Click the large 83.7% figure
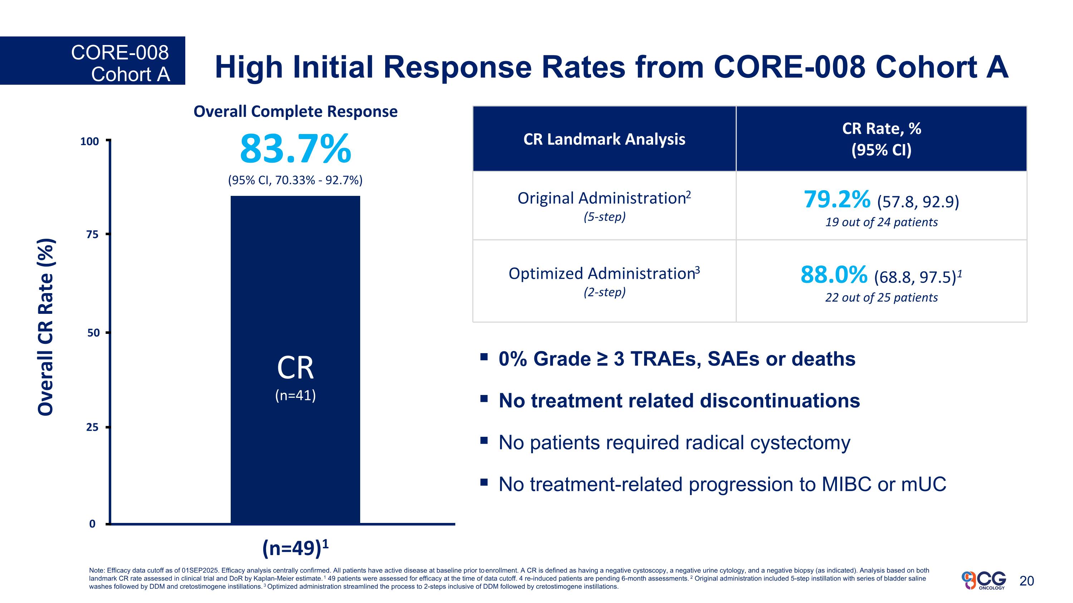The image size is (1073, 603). tap(295, 149)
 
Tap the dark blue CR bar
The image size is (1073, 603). tap(295, 291)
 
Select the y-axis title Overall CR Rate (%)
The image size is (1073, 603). tap(46, 327)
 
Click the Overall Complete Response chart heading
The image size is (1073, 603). tap(295, 112)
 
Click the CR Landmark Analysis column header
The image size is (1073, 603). tap(604, 139)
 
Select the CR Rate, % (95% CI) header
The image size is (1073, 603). tap(881, 139)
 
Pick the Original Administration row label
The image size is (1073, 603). tap(604, 198)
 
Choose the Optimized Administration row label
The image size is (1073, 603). tap(604, 274)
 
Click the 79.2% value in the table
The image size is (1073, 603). tap(837, 200)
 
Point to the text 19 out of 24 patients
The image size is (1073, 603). tap(881, 222)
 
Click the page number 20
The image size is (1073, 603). tap(1027, 581)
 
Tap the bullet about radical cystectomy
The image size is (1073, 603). tap(674, 443)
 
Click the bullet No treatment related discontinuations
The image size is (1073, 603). tap(679, 401)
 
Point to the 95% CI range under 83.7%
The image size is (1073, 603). tap(295, 180)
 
